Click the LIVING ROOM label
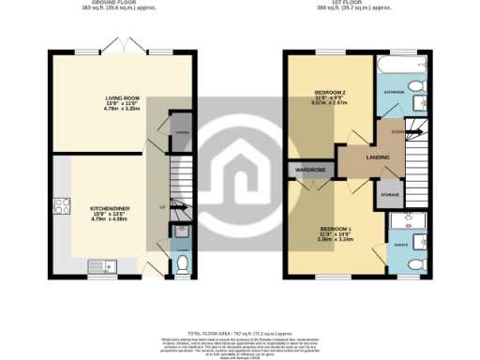[122, 96]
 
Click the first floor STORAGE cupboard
[389, 194]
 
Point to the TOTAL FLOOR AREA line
[240, 332]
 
